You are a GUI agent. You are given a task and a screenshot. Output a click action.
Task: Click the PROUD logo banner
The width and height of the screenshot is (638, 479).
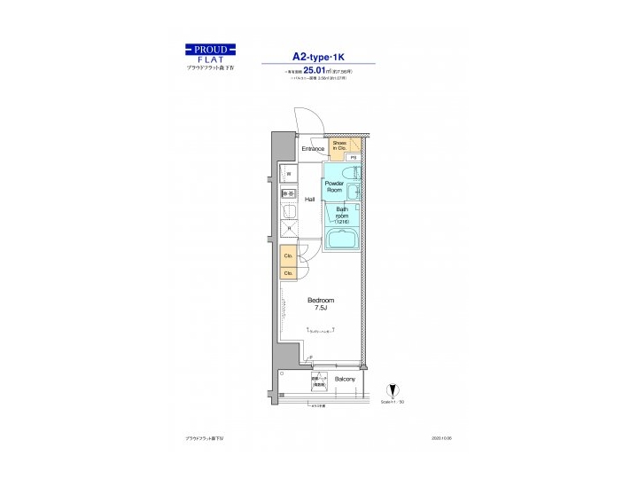tap(210, 49)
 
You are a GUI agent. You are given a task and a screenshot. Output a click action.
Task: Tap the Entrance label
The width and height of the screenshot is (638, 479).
tap(312, 148)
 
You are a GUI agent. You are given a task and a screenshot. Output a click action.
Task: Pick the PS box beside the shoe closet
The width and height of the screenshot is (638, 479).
tap(352, 157)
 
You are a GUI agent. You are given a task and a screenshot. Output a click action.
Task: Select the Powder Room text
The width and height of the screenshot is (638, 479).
tap(334, 186)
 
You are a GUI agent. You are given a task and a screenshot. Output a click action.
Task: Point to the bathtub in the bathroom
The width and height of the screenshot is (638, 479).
tap(342, 239)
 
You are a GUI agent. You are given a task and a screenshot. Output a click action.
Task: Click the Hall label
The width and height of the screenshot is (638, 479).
tap(310, 200)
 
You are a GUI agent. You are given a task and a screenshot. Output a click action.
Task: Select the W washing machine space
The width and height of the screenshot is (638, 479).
tap(288, 174)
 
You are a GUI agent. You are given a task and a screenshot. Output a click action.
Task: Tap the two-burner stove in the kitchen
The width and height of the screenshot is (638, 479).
tap(288, 193)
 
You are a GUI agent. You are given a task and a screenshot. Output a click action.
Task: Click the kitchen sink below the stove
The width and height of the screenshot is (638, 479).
tap(288, 211)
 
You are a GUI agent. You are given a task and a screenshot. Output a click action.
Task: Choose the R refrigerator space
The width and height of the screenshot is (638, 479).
tap(288, 229)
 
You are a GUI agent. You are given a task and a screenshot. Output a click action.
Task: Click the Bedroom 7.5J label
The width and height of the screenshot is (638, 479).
tap(320, 303)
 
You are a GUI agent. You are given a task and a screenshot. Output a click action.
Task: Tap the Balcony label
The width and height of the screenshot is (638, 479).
tap(345, 380)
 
